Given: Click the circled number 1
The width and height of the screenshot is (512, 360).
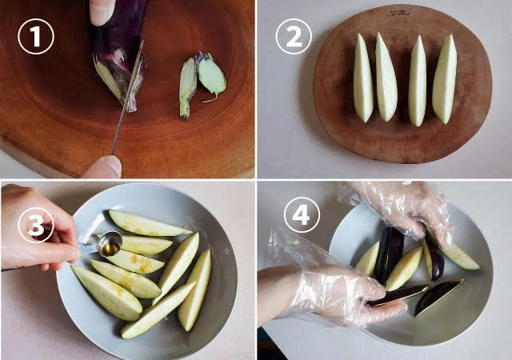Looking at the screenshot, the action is coord(35,36).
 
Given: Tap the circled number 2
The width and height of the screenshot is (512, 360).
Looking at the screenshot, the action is coord(294,36).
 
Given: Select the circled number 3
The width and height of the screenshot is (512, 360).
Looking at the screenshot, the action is coord(36,225).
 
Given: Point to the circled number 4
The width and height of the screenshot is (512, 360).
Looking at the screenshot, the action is coord(302,214).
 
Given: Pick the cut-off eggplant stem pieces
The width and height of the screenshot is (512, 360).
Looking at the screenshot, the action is coord(202,84).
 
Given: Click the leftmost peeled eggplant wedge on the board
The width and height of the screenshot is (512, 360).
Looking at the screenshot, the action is coord(362,78).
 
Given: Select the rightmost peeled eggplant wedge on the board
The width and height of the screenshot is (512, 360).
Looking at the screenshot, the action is coord(445,79).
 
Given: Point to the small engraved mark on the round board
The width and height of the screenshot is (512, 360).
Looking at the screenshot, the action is coord(398,13).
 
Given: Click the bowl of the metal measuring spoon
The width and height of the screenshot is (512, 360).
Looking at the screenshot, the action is coord(110,244).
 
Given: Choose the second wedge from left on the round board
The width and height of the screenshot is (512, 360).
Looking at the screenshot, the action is coord(386,78).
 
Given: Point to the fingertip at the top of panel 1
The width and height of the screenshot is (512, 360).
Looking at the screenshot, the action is coord(102,12).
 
